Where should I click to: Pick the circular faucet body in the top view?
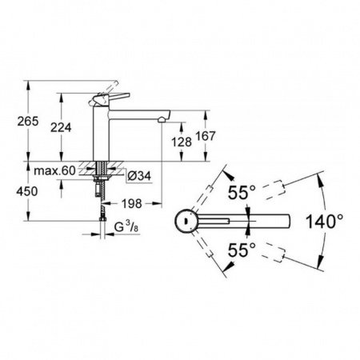pos(185,219)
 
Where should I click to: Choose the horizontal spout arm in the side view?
pos(140,111)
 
